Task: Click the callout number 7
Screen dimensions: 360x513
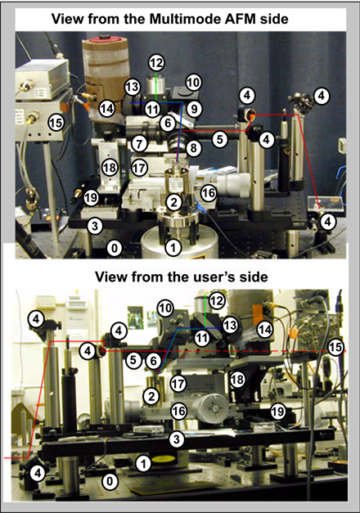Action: pos(139,144)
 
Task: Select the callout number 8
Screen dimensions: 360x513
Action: pos(193,148)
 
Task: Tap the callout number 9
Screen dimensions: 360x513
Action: pos(194,109)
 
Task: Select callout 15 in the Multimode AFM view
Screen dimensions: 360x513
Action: pos(56,123)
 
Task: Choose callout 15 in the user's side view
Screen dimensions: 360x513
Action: pos(335,347)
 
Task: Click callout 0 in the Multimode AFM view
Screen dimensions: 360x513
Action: pos(114,248)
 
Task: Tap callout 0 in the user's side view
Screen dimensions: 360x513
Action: pos(110,481)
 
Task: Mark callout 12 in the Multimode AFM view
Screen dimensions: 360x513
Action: pos(156,63)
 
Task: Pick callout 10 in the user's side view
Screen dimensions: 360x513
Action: pos(165,308)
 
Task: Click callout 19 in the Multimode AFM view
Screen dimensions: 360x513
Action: pos(91,197)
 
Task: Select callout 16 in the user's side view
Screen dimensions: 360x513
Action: pos(178,411)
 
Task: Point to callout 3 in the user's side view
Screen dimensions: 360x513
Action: pos(177,439)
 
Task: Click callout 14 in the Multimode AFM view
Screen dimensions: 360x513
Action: pos(106,108)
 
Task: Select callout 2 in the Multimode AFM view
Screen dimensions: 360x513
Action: pos(173,202)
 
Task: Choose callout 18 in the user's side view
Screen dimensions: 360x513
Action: pos(237,379)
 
